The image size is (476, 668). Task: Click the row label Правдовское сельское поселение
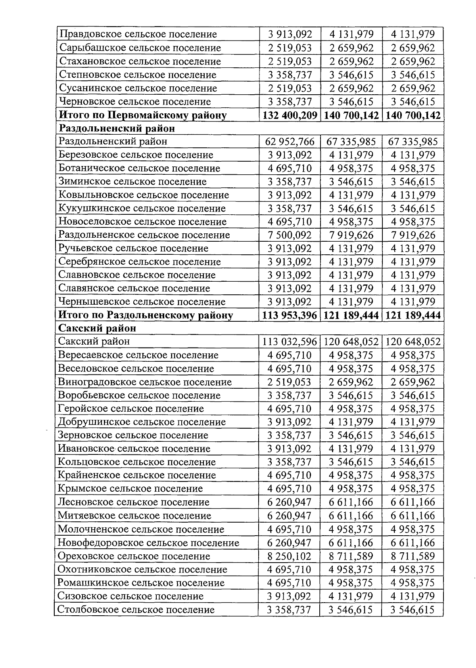pos(138,34)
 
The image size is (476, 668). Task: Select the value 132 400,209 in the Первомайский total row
pos(290,115)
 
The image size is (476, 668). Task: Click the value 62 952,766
pos(290,141)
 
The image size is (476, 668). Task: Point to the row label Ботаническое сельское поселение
pos(139,168)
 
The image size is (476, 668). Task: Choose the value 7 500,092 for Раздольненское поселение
pos(290,235)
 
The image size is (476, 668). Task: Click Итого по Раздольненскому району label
pos(146,315)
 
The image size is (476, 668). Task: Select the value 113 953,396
pos(290,315)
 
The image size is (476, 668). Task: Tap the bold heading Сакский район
pos(97,328)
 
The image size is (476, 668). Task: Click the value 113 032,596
pos(290,342)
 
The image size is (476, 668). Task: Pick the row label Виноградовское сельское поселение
pos(145,382)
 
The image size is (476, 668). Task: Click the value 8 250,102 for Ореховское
pos(290,556)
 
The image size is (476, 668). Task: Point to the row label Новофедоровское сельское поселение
pos(148,542)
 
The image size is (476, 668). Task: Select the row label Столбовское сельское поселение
pos(136,609)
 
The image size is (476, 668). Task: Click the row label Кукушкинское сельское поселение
pos(142,208)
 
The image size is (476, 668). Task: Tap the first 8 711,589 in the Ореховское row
pos(351,556)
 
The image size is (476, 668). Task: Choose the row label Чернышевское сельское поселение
pos(142,302)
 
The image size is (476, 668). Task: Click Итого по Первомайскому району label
pos(143,115)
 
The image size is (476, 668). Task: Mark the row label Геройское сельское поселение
pos(131,408)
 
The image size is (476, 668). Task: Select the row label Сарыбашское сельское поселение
pos(140,48)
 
